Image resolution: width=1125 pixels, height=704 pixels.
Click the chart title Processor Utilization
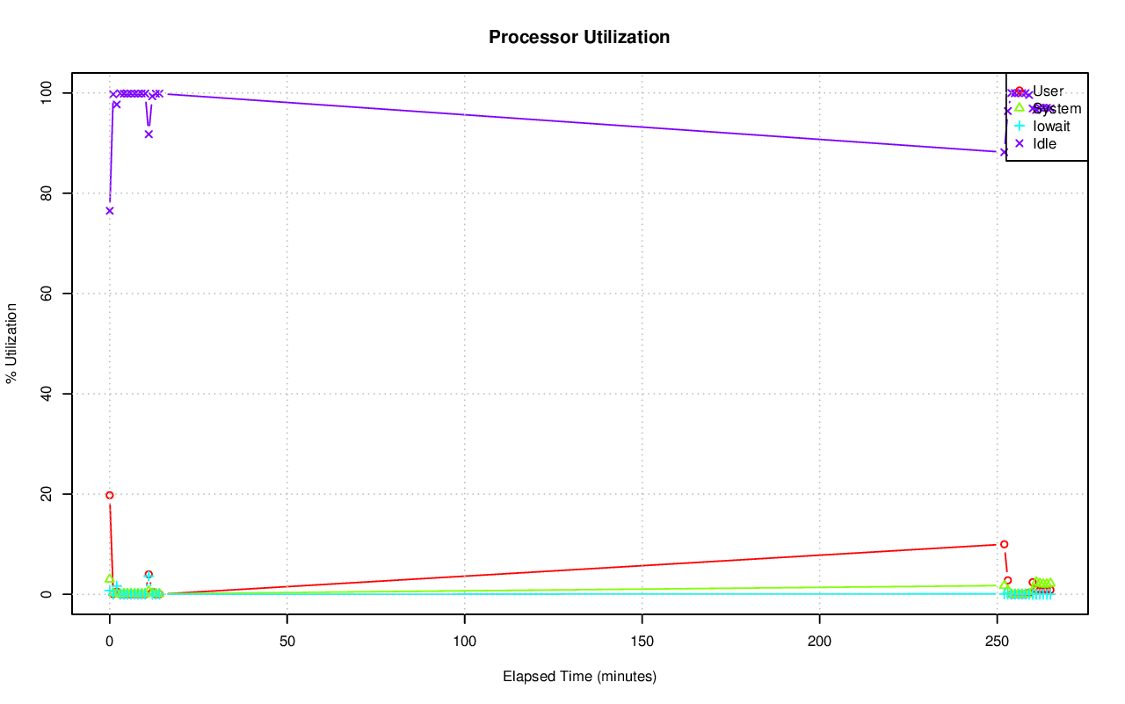coord(579,37)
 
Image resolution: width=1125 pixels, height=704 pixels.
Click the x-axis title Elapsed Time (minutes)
coord(579,677)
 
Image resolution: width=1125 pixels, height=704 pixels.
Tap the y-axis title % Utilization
coord(11,343)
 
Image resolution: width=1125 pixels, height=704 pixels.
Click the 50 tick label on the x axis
coord(287,639)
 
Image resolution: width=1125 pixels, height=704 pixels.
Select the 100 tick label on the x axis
coord(465,639)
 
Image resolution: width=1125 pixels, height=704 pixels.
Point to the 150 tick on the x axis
coord(642,639)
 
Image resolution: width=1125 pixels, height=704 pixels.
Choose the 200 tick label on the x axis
coord(820,639)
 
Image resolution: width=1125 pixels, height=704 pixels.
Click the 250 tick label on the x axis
coord(998,639)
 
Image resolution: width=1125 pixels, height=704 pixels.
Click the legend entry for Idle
coord(1044,143)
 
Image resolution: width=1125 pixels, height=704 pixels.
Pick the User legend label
coord(1048,91)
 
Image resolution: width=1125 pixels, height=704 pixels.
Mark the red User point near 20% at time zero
coord(110,495)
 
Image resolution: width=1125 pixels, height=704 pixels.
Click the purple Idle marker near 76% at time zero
coord(110,211)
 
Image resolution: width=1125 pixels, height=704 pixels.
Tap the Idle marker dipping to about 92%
coord(149,134)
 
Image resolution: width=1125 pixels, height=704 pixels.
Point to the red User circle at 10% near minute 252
coord(1004,544)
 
